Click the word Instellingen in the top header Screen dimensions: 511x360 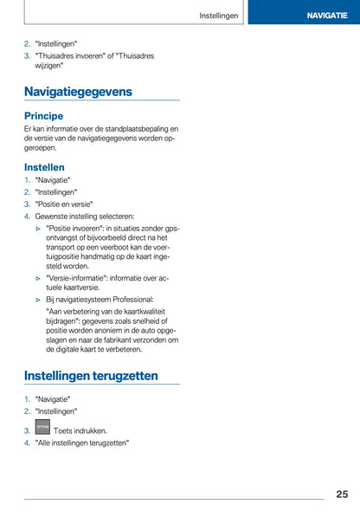tap(219, 16)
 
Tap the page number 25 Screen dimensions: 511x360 tap(342, 494)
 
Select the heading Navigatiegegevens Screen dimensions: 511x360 tap(79, 91)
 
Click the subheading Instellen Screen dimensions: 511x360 tap(44, 166)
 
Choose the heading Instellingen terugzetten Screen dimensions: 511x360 tap(91, 376)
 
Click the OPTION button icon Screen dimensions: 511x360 tap(42, 428)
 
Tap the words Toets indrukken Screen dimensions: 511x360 tap(80, 430)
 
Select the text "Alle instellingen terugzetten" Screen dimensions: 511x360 tap(82, 443)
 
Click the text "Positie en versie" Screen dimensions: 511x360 tap(64, 204)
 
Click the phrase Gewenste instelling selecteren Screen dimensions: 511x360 tap(85, 217)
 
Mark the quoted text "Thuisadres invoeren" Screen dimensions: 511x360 tap(73, 55)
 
